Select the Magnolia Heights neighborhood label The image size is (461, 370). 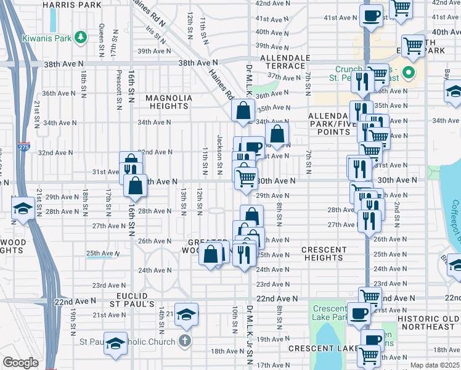(169, 102)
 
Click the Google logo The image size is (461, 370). (20, 363)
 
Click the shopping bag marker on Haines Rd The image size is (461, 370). (243, 111)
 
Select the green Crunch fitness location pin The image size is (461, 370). (407, 74)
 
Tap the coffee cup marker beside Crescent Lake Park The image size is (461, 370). (359, 313)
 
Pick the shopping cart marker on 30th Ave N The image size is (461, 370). (247, 178)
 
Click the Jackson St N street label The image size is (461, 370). (219, 152)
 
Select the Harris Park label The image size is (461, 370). (72, 4)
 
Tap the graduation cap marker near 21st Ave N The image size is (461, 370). (186, 314)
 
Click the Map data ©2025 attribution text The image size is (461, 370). (434, 365)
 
